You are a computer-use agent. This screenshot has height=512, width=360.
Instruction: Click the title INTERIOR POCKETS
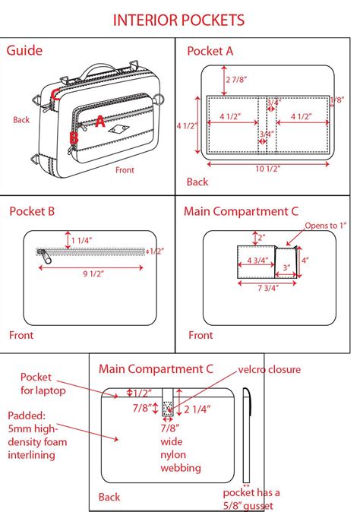point(178,21)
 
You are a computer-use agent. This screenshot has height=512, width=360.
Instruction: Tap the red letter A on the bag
point(100,121)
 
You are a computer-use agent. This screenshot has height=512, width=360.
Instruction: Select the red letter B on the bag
point(74,137)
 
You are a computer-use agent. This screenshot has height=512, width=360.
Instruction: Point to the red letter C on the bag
point(55,94)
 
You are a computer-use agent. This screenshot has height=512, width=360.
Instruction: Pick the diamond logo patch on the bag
point(118,129)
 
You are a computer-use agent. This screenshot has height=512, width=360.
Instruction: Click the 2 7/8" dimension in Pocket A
point(236,79)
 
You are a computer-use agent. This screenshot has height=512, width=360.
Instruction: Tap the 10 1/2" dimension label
point(267,169)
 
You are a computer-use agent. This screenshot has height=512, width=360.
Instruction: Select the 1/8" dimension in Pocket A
point(337,100)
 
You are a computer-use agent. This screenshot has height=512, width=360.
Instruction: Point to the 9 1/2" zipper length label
point(93,273)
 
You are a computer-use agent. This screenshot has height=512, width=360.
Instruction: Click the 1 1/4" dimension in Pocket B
point(81,241)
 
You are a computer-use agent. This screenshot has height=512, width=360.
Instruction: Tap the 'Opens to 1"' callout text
point(325,226)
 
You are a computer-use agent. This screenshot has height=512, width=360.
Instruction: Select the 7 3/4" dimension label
point(268,288)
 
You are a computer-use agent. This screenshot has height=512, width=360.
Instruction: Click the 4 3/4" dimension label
point(257,261)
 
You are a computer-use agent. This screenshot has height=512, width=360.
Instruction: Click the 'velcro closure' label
point(270,370)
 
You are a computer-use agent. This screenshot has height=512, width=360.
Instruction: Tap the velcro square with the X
point(167,407)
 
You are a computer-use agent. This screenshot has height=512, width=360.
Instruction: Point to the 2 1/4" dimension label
point(197,409)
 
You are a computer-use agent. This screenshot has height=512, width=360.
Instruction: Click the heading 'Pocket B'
point(32,211)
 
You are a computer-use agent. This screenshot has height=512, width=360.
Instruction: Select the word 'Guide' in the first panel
point(24,51)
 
